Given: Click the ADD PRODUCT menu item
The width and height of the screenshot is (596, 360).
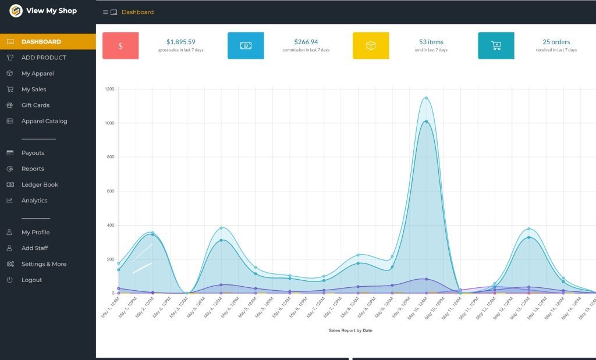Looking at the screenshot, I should pos(44,58).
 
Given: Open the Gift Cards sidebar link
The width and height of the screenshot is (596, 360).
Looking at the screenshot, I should pos(36,105).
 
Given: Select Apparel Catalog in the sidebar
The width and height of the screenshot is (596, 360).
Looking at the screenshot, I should pos(44,121).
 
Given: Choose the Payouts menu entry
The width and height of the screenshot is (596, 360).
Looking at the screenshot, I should pos(33,153).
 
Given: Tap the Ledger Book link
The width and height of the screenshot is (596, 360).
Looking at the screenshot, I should pos(40,184).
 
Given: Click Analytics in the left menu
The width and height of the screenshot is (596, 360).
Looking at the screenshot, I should pos(34,201).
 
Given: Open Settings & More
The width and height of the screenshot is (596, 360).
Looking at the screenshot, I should pos(44,264).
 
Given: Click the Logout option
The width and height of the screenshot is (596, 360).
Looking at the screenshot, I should pos(31,280).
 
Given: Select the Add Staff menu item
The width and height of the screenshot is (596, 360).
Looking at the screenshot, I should pos(34,248).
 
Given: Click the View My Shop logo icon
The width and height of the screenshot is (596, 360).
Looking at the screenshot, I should pos(16,10).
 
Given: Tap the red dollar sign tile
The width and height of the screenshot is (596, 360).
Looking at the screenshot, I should pos(120,46).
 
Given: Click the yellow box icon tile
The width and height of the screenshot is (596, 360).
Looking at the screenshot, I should pos(371,46).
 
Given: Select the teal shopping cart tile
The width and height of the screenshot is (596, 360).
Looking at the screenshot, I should pos(496,46).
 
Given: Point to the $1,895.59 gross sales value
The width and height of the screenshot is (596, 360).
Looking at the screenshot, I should pos(180,42).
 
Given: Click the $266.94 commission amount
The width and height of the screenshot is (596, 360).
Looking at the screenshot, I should pos(306,42).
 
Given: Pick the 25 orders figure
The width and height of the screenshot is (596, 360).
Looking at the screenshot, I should pos(556,42).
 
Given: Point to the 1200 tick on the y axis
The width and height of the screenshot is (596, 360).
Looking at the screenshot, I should pos(109,89).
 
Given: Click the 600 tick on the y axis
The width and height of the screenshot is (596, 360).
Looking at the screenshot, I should pos(111,191).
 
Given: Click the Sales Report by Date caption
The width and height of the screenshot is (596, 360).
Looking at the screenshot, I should pos(350,330).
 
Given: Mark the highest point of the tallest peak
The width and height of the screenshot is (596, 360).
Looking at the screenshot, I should pos(426,98).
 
